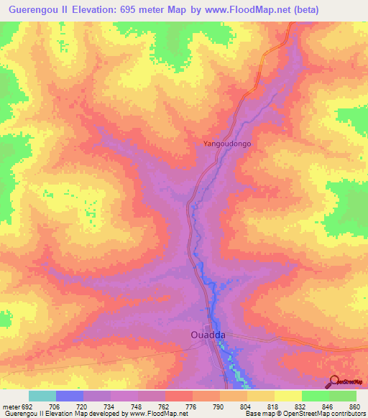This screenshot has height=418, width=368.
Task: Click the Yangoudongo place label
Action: coord(226,144)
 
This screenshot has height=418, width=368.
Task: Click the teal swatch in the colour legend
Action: coord(42,396)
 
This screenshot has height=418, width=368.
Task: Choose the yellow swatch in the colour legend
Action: coord(287,396)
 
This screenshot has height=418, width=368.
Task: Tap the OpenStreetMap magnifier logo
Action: coord(333,381)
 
